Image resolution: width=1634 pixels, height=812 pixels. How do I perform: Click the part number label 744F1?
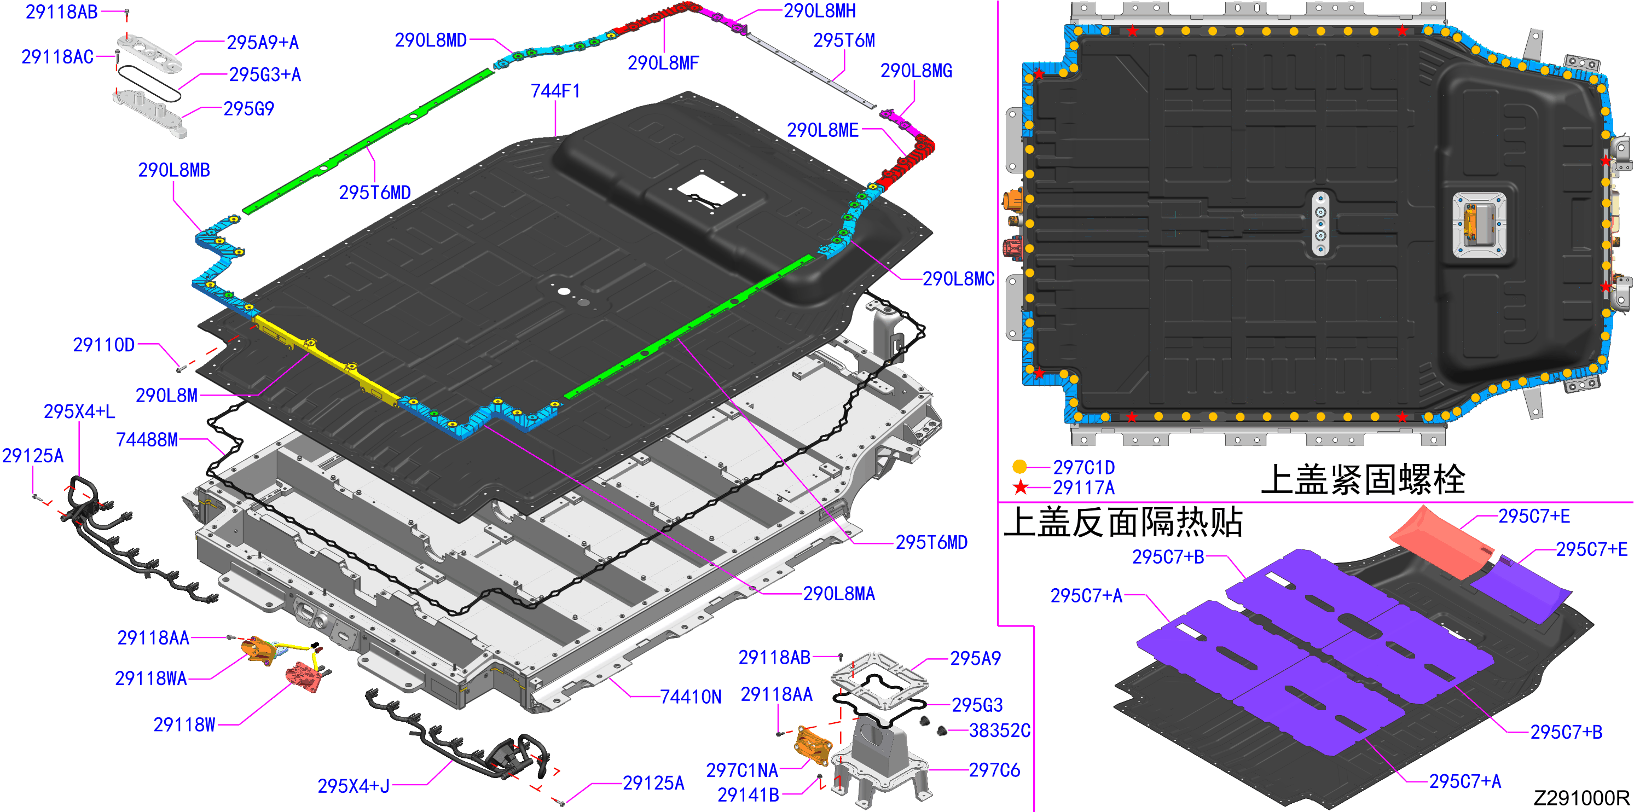click(555, 91)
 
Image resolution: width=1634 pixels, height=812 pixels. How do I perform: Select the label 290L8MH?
click(820, 11)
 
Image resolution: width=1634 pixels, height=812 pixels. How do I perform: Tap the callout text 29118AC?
click(57, 57)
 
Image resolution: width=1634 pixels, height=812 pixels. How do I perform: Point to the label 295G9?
click(248, 109)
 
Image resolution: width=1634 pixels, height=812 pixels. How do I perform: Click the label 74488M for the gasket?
click(147, 439)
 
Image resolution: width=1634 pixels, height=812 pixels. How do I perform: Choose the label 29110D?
click(104, 345)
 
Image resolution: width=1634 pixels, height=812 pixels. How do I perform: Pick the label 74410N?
click(691, 697)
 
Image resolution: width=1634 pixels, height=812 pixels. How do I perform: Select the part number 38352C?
click(1000, 731)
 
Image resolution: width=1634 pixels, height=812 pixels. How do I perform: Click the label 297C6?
click(995, 770)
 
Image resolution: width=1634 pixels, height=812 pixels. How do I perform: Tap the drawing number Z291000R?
click(1581, 797)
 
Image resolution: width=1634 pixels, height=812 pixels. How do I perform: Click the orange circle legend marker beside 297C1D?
click(1019, 467)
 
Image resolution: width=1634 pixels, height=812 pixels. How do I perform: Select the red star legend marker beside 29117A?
click(1020, 487)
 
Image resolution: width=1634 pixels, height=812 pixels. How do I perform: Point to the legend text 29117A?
click(1084, 488)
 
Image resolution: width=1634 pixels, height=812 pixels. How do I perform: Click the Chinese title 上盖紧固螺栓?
click(1363, 479)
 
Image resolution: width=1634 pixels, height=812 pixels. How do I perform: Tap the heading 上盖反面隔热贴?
click(1123, 522)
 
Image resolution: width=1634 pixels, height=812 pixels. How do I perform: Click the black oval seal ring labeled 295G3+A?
click(150, 83)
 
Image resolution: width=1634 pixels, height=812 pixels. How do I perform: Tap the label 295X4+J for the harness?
click(354, 786)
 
